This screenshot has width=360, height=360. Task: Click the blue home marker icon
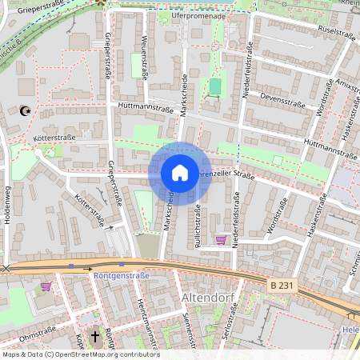[180, 172]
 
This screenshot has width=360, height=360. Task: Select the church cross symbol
[95, 337]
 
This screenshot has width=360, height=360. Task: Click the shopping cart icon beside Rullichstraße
[221, 239]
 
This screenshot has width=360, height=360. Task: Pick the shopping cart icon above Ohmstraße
[46, 286]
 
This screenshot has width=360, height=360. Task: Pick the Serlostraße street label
[232, 328]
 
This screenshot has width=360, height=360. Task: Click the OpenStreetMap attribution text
[80, 354]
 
